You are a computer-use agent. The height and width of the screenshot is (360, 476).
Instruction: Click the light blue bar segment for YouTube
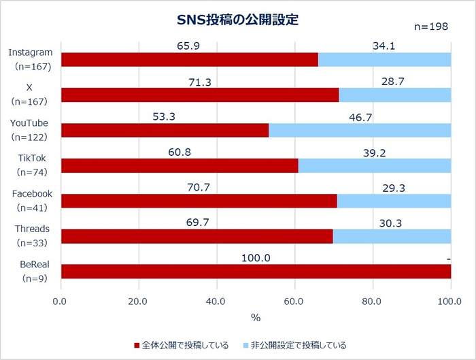359,130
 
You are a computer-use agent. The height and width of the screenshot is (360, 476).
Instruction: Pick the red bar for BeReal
256,271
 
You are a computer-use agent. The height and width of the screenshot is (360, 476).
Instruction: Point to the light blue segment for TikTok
374,165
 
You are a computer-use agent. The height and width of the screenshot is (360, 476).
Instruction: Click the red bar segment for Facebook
199,201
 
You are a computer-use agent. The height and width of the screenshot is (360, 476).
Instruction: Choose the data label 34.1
384,46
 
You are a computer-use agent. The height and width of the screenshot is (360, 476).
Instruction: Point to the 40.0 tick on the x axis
216,301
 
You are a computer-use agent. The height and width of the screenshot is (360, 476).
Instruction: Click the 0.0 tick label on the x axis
61,301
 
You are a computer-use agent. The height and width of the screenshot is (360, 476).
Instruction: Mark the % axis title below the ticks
256,317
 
